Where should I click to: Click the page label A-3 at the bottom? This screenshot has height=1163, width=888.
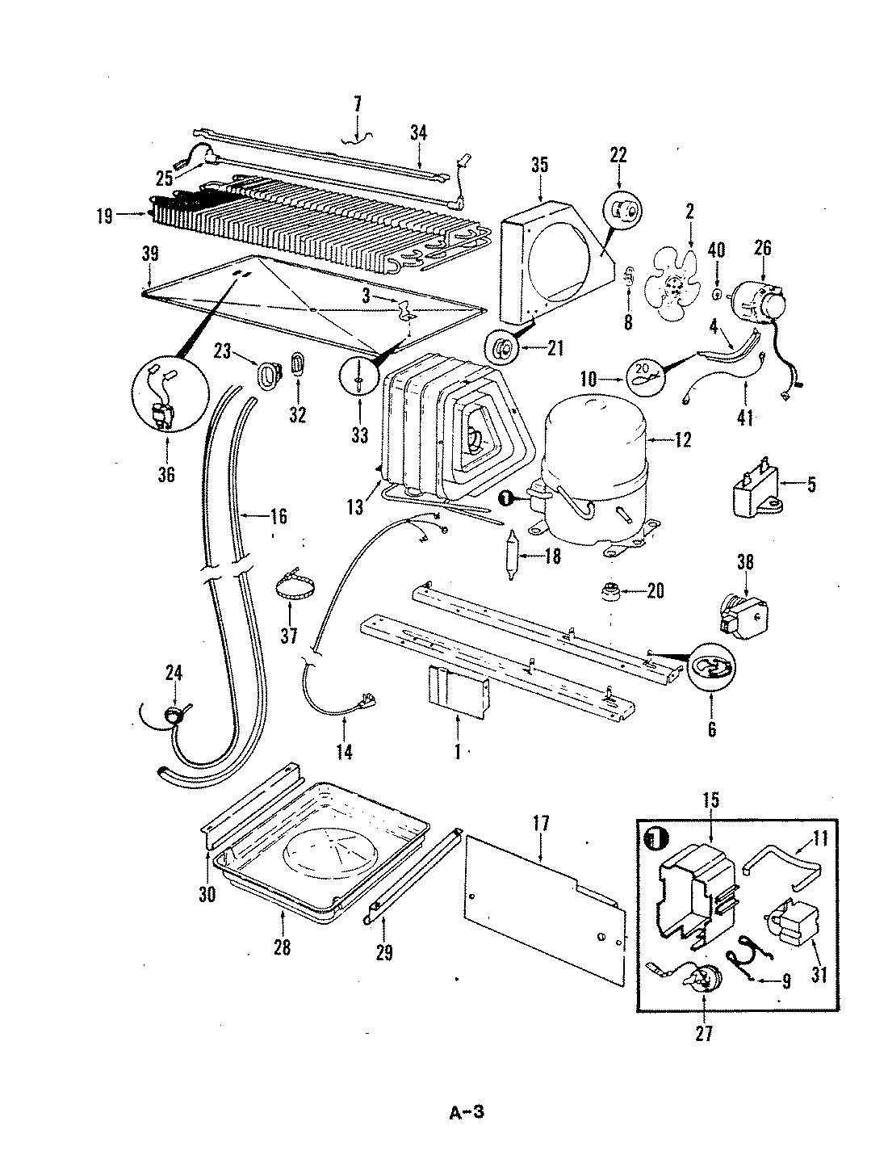click(466, 1113)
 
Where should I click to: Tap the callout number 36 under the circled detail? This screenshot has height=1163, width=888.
click(166, 474)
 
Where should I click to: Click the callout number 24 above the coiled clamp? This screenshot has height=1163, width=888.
click(174, 672)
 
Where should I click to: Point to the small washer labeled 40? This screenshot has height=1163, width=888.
click(717, 293)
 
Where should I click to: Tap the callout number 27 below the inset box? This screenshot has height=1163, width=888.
click(704, 1033)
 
